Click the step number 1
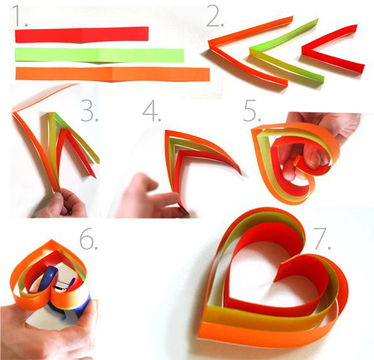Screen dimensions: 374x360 [19, 16]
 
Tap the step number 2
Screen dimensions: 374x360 [215, 16]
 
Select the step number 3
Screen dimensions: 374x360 [89, 111]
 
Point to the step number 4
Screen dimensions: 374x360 [151, 111]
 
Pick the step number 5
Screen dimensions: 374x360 [252, 111]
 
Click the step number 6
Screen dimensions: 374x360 [89, 238]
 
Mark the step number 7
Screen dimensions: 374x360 [322, 238]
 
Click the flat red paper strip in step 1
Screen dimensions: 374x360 [82, 35]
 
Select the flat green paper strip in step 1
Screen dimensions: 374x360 [99, 55]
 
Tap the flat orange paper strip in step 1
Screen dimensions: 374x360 [113, 74]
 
